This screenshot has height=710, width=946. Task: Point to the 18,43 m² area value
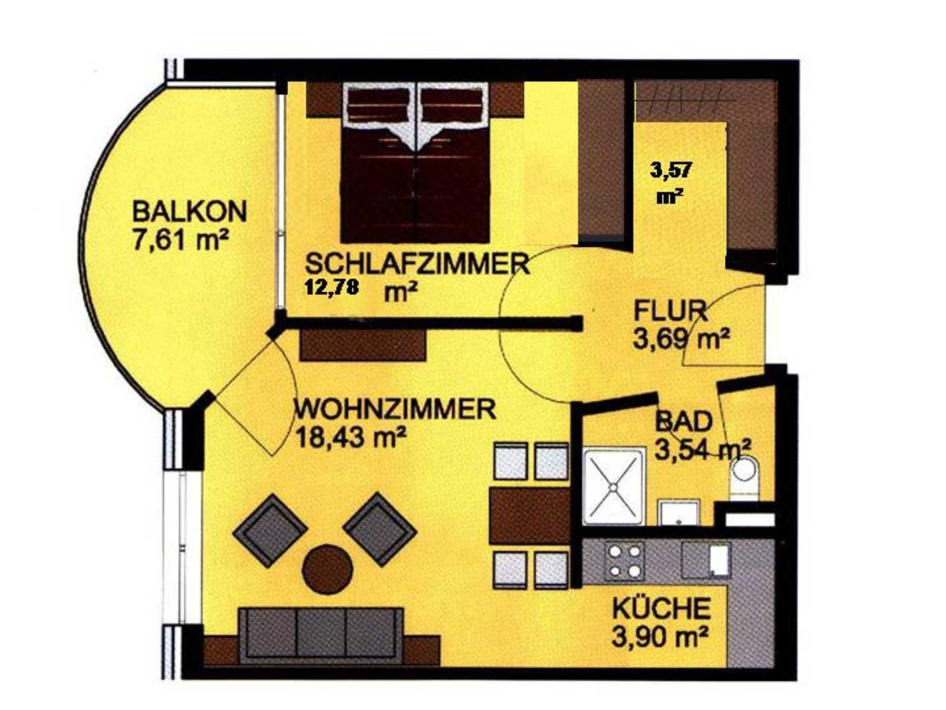[351, 438]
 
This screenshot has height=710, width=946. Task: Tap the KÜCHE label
[662, 608]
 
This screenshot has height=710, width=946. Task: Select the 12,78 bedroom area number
[331, 287]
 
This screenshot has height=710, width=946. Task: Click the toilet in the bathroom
[745, 479]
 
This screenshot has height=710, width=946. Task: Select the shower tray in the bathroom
[613, 487]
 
